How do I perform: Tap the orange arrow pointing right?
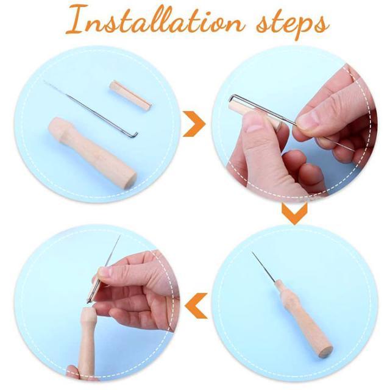[x=194, y=124]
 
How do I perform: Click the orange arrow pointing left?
[x=196, y=306]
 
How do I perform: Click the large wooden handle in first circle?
[x=93, y=152]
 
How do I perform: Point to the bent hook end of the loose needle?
[x=135, y=135]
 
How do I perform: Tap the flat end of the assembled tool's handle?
[x=325, y=352]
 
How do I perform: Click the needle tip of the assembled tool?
[x=252, y=252]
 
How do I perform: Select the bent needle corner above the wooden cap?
[x=232, y=97]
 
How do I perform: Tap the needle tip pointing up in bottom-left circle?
[x=119, y=236]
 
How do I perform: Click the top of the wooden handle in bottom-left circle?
[x=88, y=310]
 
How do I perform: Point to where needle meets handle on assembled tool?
[x=275, y=282]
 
